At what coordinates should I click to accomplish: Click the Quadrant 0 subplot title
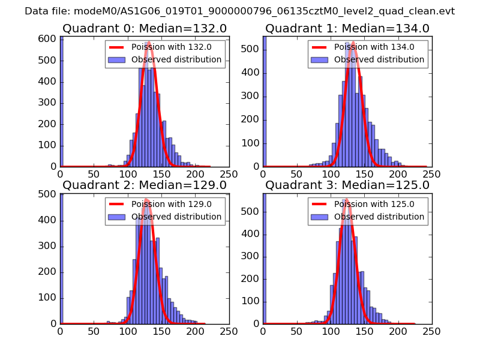click(x=145, y=28)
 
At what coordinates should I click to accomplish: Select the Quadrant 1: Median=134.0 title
click(x=347, y=28)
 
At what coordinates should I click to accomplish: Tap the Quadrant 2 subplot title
click(x=145, y=185)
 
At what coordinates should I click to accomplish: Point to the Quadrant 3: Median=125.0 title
click(x=347, y=185)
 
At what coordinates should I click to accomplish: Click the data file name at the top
click(x=239, y=11)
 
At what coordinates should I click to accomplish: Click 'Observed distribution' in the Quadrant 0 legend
click(x=176, y=59)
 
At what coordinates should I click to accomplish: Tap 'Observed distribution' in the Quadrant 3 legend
click(x=379, y=217)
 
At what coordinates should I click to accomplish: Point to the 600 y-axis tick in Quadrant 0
click(x=48, y=38)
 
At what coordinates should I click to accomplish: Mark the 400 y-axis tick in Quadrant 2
click(x=48, y=220)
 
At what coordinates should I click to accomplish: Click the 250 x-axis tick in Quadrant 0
click(x=229, y=173)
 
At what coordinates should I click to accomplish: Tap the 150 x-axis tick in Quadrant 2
click(x=161, y=331)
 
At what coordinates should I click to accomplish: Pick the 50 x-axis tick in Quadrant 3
click(x=296, y=331)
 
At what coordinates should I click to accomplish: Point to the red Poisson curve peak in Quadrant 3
click(x=346, y=199)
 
